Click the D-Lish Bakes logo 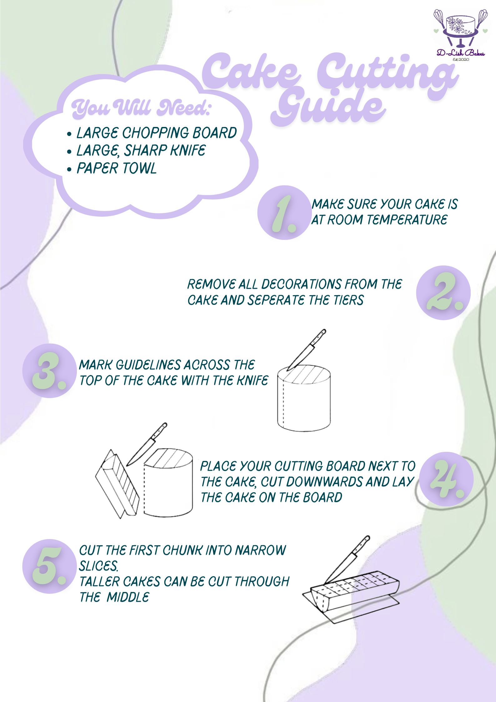[x=460, y=34]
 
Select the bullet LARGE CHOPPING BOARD [x=156, y=133]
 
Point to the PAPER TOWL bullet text [x=116, y=168]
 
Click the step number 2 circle [x=443, y=293]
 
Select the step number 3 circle [x=49, y=371]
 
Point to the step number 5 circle [x=49, y=566]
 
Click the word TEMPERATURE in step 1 [x=407, y=220]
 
